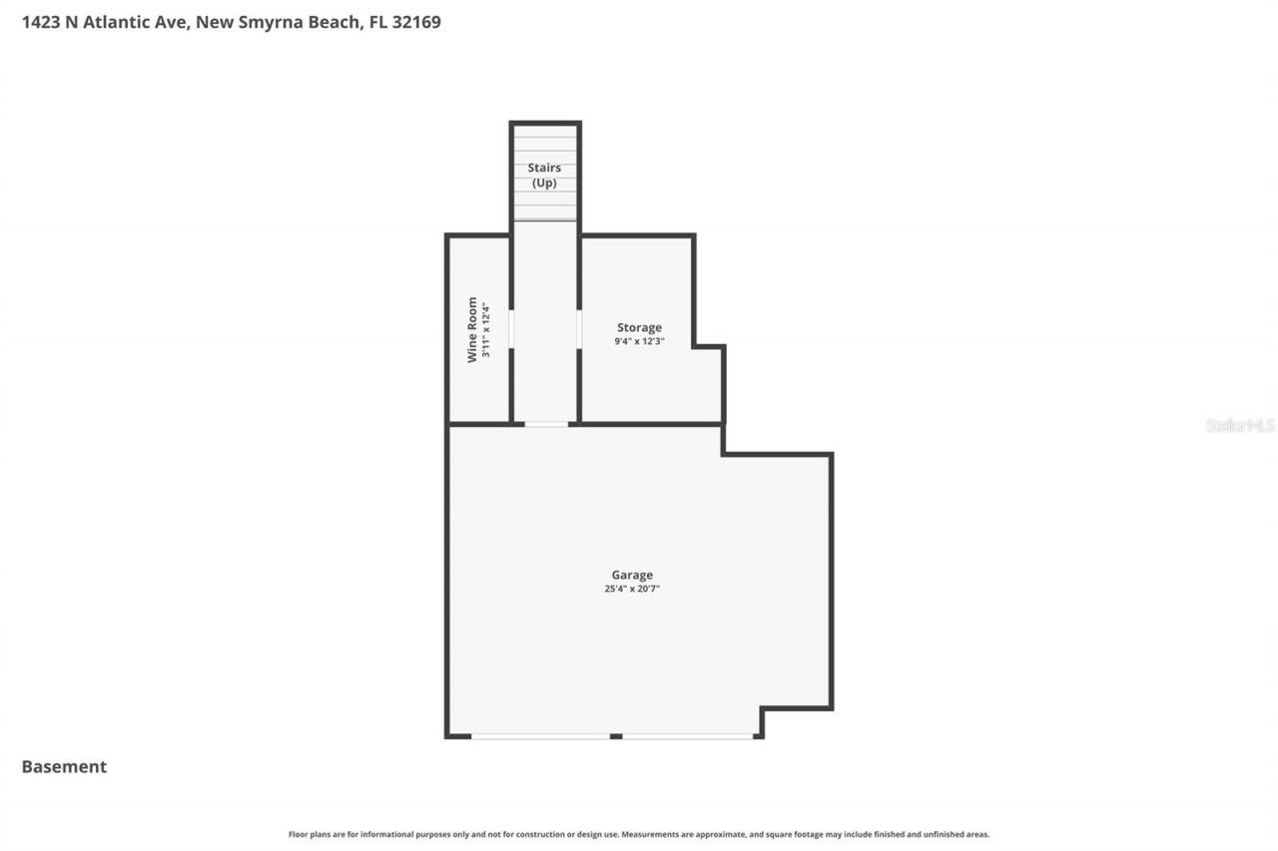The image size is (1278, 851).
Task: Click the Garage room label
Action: point(632,575)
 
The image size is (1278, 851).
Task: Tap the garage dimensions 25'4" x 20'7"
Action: point(632,589)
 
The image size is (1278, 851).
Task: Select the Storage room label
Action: point(639,327)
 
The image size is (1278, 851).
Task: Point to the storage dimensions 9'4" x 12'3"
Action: point(639,341)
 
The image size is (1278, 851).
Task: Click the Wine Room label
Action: point(473,329)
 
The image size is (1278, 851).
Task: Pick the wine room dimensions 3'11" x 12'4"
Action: point(486,329)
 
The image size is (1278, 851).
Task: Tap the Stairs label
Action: point(544,168)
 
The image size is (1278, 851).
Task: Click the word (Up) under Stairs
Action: point(544,183)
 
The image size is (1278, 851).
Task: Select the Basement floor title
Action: point(64,766)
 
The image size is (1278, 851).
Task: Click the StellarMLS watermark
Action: point(1240,425)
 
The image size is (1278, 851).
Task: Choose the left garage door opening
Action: point(540,736)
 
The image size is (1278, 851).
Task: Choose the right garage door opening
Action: point(688,736)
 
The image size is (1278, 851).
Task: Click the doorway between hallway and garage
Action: point(546,424)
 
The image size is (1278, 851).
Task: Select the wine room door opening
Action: point(511,329)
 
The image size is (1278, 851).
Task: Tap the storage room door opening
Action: point(579,329)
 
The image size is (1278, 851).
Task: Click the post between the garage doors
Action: point(616,736)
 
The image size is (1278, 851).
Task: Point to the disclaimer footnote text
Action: point(639,834)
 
